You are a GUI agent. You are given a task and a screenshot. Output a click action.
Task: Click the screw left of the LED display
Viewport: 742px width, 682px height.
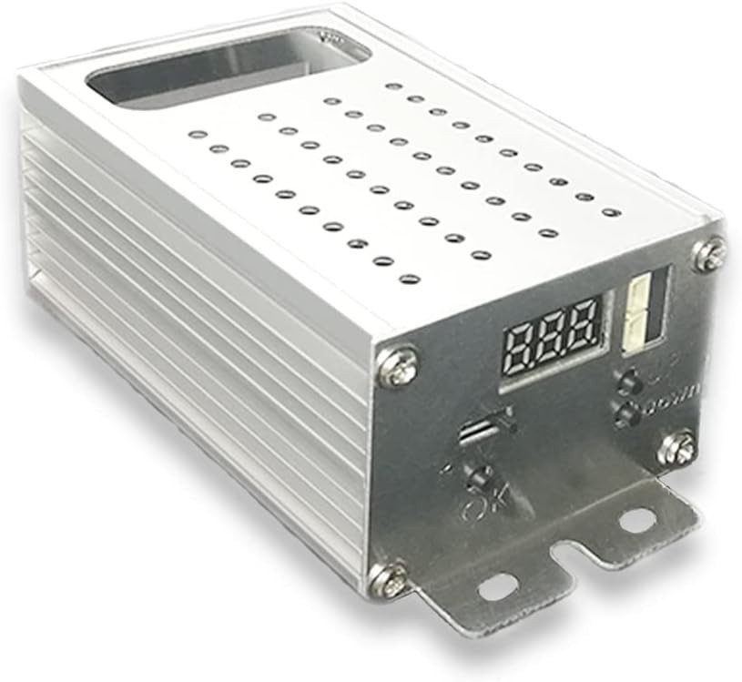coord(399,367)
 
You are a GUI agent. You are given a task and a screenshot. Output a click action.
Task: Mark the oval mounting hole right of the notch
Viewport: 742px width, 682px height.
coord(637,520)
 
